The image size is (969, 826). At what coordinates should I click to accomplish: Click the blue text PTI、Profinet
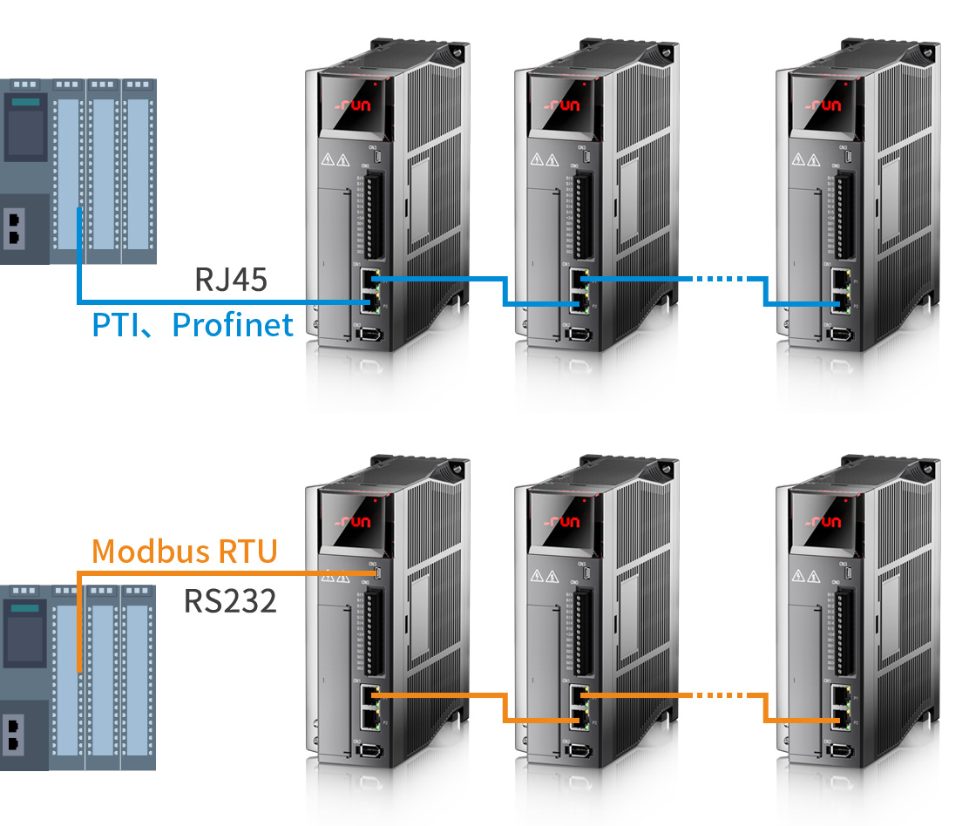pos(193,325)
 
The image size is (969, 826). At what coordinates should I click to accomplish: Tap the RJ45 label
pos(230,280)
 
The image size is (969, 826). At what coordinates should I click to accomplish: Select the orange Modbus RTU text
pos(185,551)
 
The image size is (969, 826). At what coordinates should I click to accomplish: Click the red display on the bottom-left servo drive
pos(354,522)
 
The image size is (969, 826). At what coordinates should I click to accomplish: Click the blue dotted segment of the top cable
pos(720,280)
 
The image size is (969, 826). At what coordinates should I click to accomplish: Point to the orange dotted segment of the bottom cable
pos(720,695)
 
